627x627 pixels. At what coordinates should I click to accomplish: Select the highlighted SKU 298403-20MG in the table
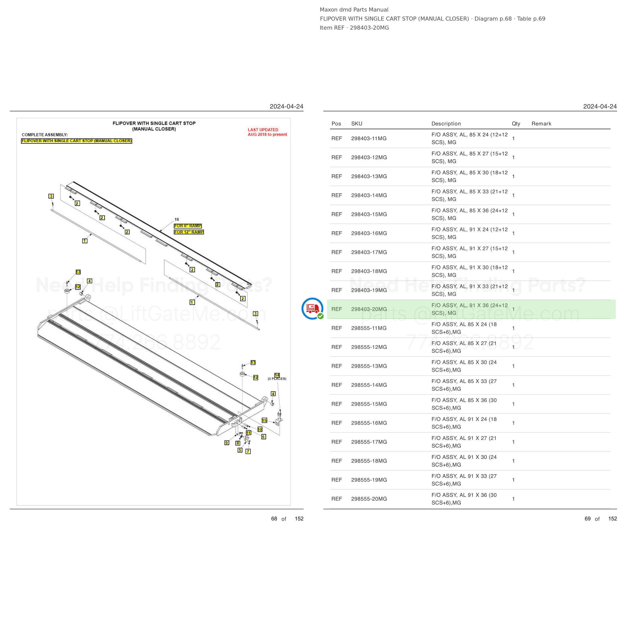(369, 309)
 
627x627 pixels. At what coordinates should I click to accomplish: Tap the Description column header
(446, 124)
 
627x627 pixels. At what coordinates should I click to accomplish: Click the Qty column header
(516, 124)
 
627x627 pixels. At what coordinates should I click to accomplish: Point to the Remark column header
(541, 124)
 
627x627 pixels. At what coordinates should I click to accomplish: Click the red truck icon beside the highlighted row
(312, 308)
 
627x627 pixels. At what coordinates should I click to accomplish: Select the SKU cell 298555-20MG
(369, 499)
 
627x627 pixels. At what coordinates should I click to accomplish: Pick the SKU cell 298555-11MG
(369, 328)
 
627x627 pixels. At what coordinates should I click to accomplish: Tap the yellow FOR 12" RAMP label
(189, 232)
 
